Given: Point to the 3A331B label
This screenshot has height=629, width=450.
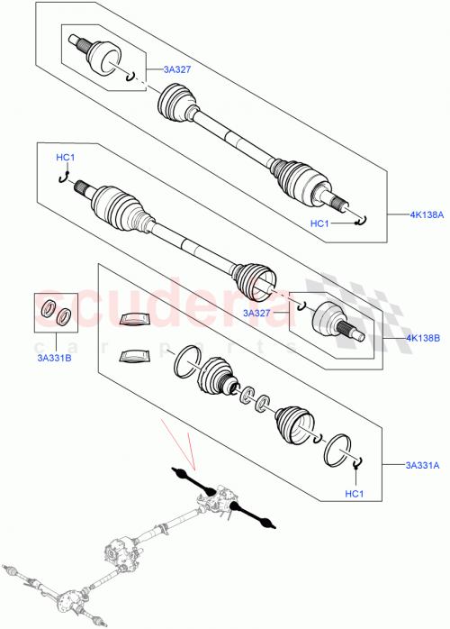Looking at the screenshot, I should point(53,356).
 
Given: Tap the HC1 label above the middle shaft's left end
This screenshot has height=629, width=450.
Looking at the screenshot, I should point(66,159).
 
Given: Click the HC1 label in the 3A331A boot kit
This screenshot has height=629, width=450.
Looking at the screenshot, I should point(355,493).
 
